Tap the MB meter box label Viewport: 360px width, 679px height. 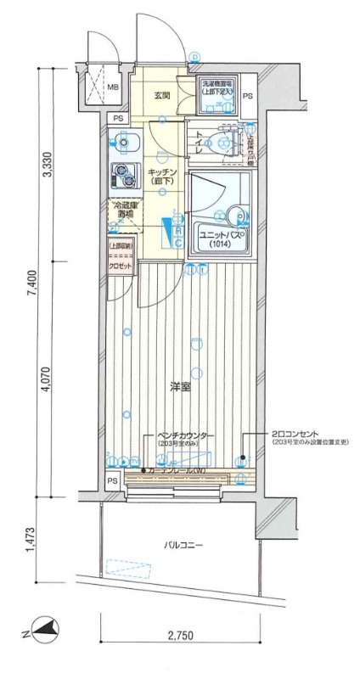(112, 87)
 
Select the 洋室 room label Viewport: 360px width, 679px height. (179, 387)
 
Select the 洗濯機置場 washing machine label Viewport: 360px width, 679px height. (217, 87)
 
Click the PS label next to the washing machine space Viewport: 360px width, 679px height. (248, 97)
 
